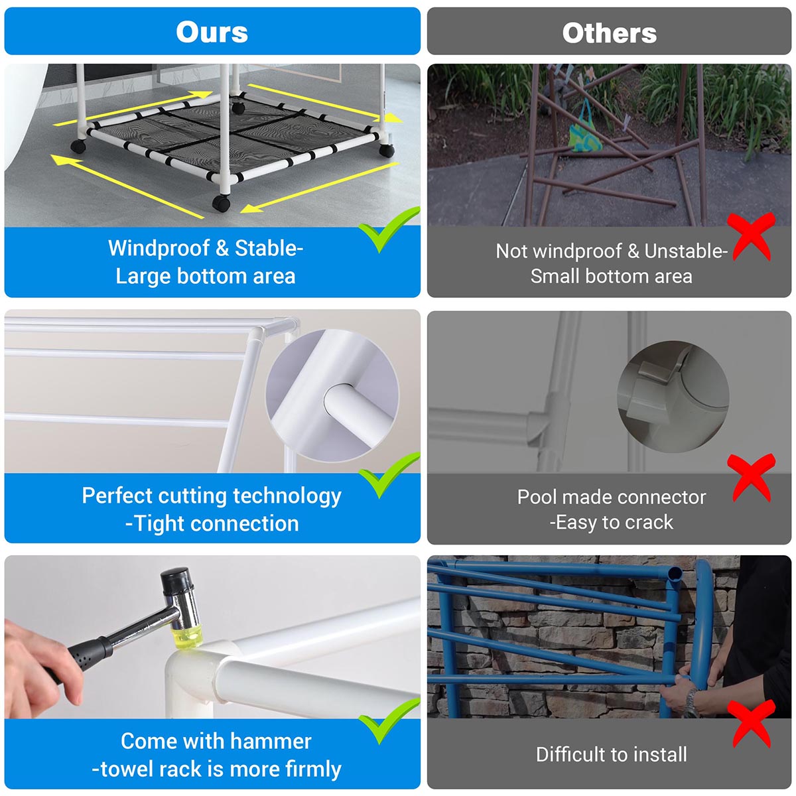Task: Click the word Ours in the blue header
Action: click(x=212, y=32)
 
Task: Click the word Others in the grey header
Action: click(x=610, y=33)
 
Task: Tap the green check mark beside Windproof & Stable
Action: click(x=389, y=230)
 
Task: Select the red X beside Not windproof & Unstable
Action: click(x=751, y=236)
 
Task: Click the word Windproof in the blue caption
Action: click(x=159, y=249)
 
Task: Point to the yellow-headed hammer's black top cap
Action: click(x=176, y=576)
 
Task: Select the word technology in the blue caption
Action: click(x=287, y=496)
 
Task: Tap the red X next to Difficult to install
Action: click(x=751, y=723)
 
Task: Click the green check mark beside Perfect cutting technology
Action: click(x=389, y=475)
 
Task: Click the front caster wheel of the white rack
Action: click(x=222, y=203)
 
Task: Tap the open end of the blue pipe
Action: click(x=675, y=574)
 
